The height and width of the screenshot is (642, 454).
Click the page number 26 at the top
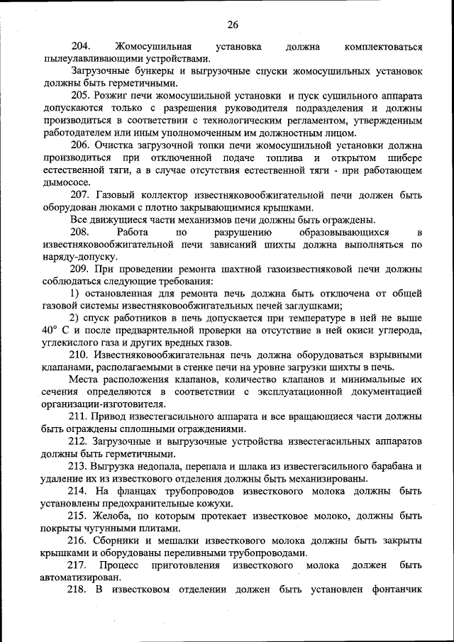(233, 26)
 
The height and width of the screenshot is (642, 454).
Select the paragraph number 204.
(83, 47)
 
